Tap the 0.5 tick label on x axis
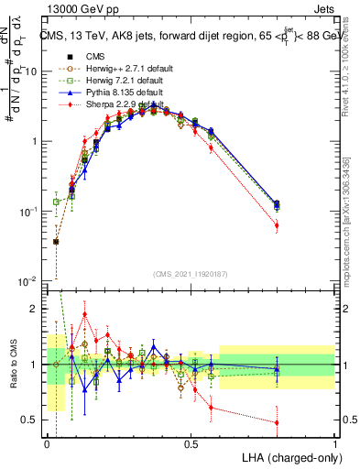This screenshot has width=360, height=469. [191, 443]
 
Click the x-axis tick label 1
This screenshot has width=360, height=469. [334, 443]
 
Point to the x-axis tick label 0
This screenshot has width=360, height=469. [47, 443]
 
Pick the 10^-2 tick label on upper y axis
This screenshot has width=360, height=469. [29, 280]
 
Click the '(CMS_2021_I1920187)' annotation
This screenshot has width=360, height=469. [191, 273]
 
